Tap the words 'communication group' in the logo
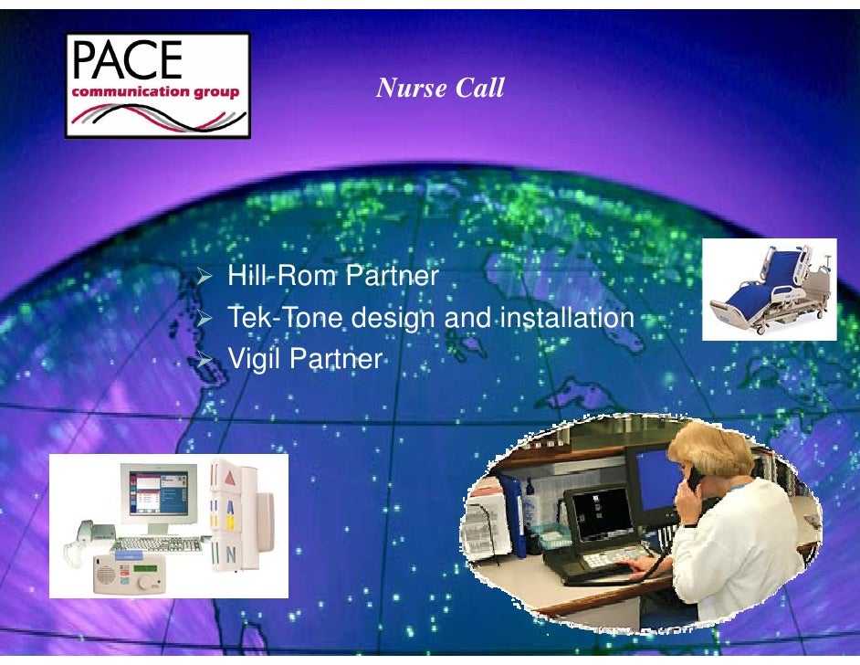[x=156, y=91]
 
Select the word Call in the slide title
[x=478, y=89]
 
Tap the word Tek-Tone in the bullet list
[x=284, y=318]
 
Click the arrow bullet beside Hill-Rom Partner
[x=206, y=276]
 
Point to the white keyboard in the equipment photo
[x=170, y=544]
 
